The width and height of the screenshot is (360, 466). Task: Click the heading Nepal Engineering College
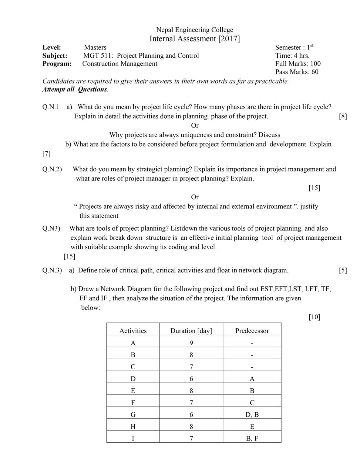point(194,30)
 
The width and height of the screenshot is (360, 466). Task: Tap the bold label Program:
point(57,64)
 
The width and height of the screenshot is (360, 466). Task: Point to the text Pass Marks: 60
point(297,72)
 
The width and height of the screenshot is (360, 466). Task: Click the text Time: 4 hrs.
point(292,56)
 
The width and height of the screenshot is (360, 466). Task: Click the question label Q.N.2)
point(52,169)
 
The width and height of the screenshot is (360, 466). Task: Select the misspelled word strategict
point(150,169)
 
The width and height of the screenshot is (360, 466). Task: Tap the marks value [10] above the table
point(314,317)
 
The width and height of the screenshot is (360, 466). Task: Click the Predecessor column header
point(252,331)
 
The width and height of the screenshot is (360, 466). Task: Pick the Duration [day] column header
point(191,331)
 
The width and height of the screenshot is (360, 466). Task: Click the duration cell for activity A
point(191,343)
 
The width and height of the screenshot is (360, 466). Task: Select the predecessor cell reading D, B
point(252,415)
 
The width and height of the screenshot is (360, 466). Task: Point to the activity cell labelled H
point(133,427)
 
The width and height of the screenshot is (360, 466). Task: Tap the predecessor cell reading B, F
point(252,438)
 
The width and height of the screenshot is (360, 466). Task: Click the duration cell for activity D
point(191,379)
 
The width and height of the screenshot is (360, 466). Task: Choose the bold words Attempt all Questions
point(75,89)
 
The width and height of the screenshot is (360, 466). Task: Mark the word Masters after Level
point(95,47)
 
